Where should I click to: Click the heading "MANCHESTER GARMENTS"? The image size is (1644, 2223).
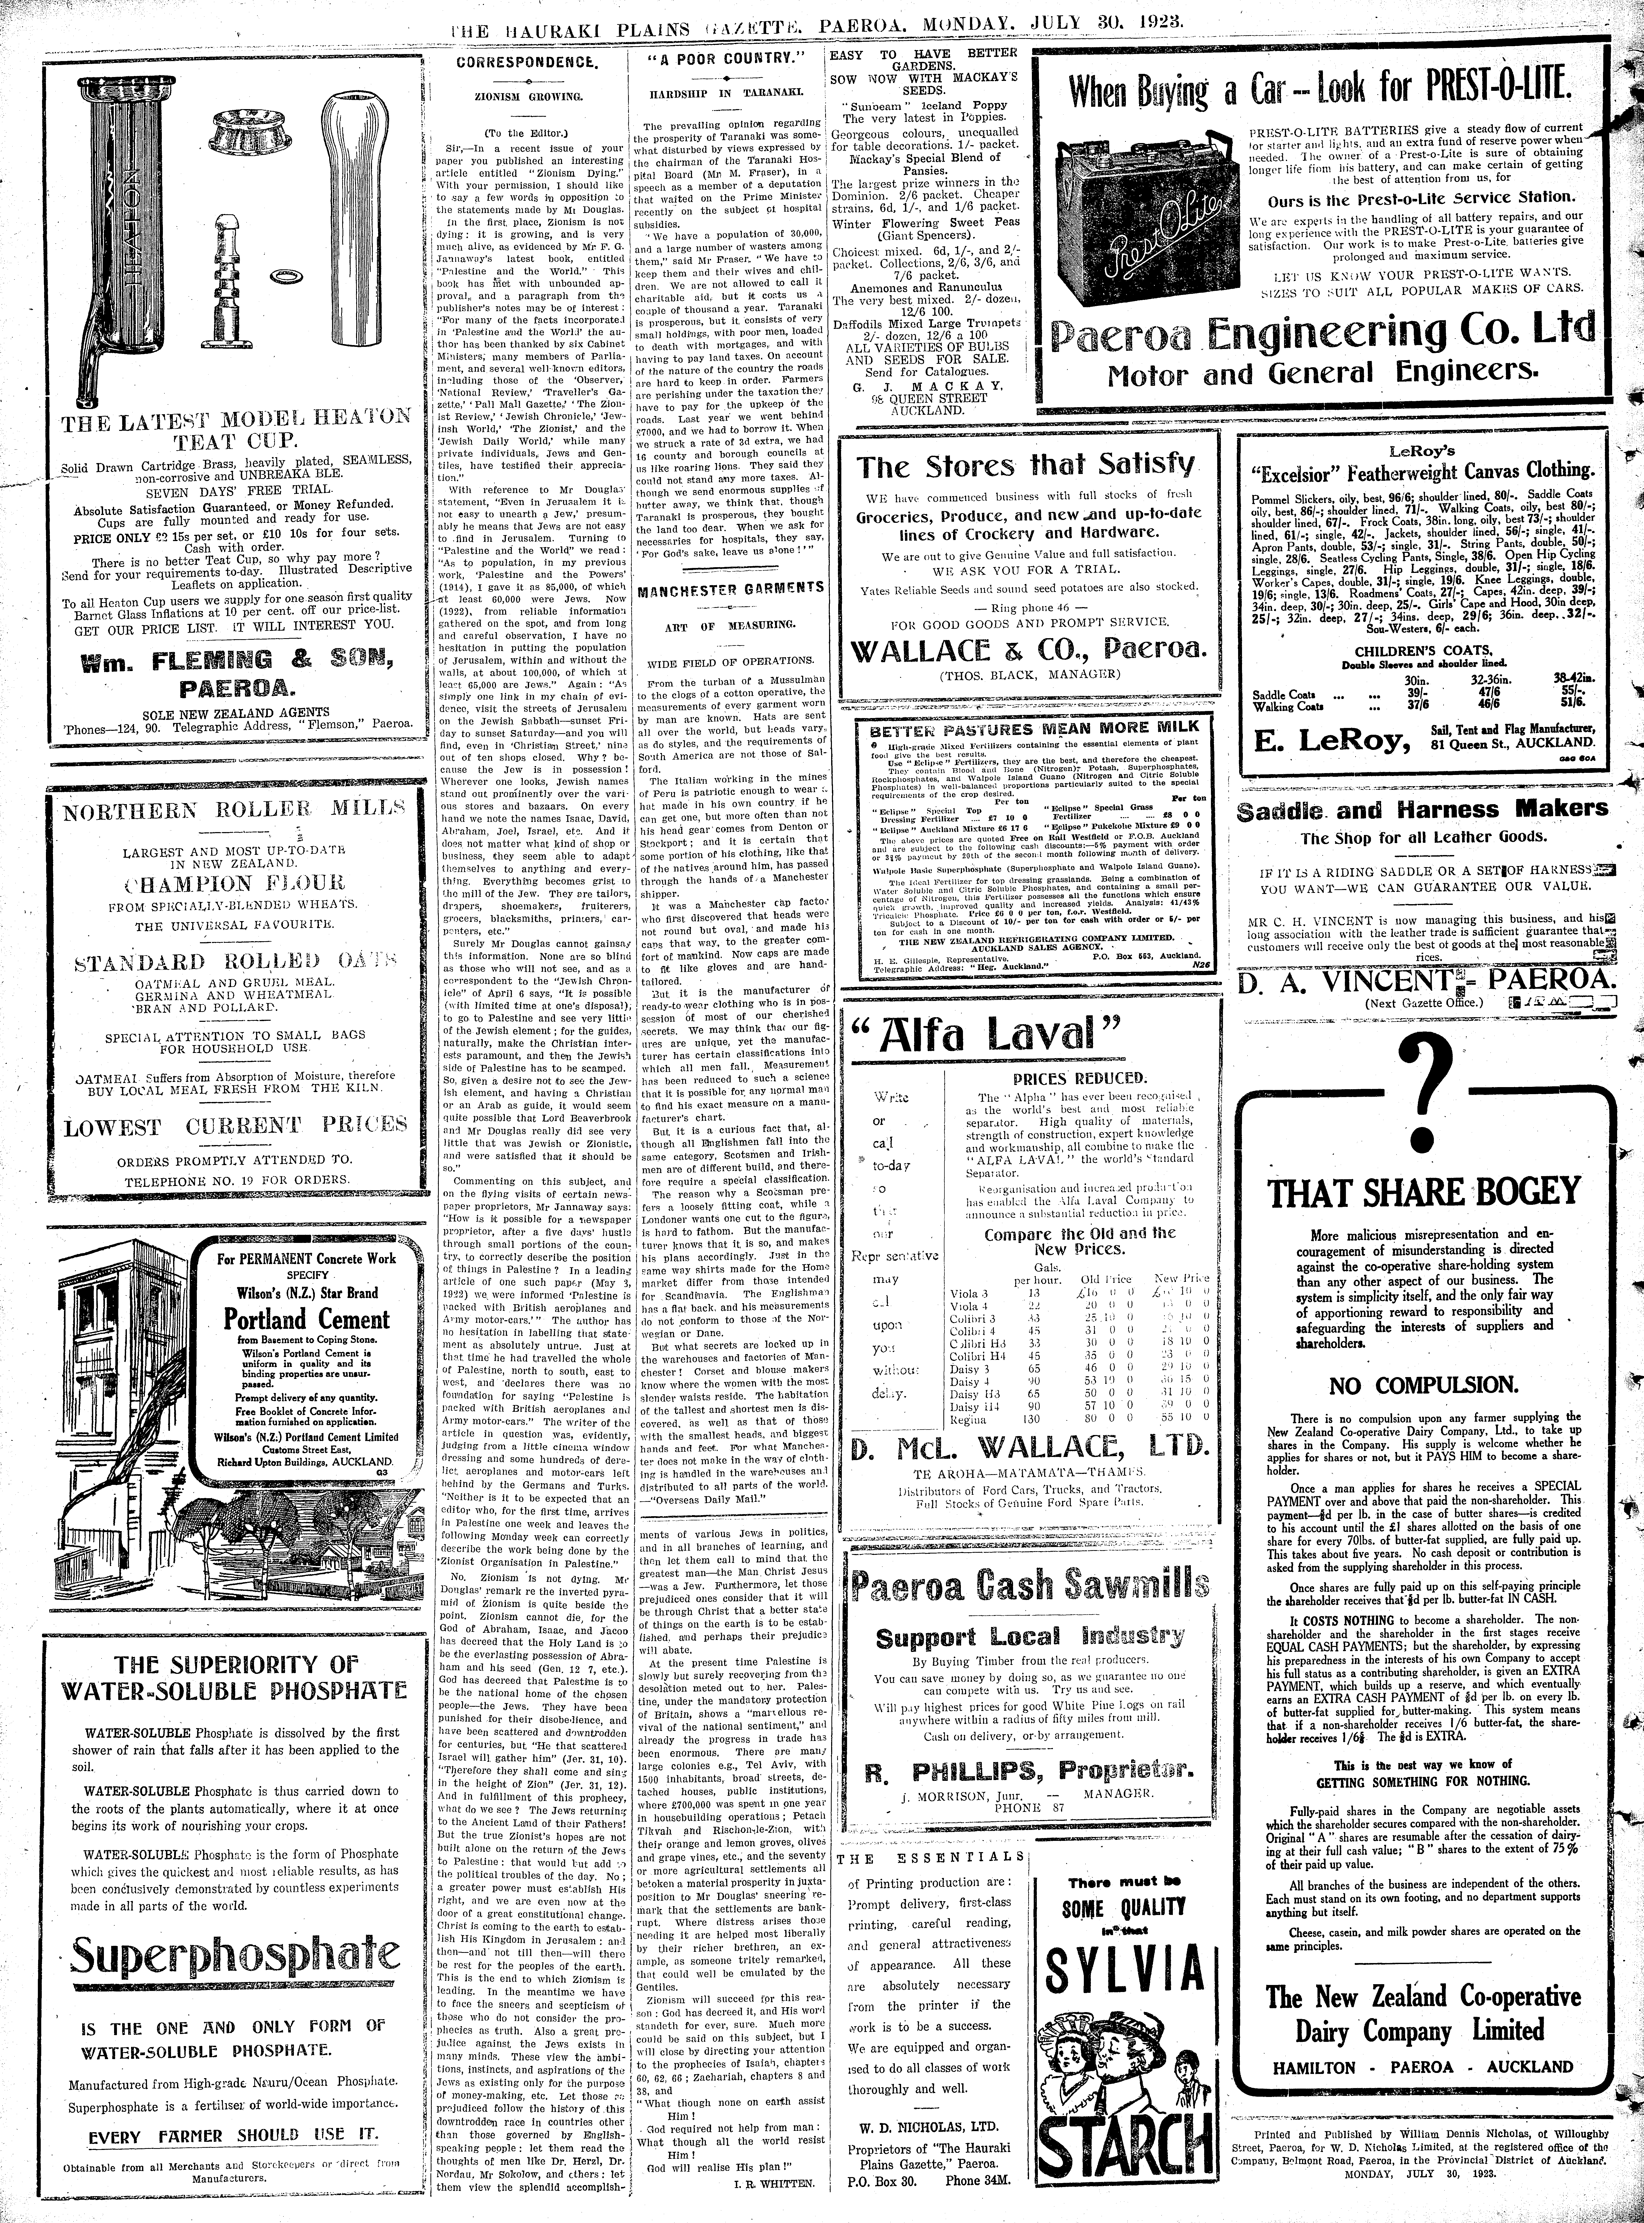pos(730,588)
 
